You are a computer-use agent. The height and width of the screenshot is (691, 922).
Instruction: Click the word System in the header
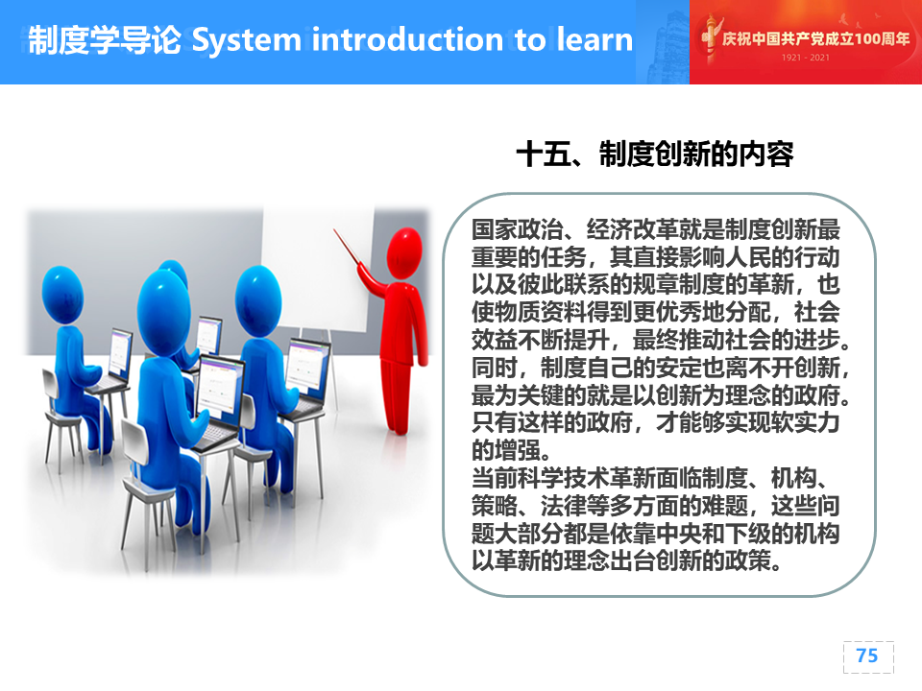click(x=247, y=40)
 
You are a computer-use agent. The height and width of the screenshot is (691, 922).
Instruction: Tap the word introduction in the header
click(x=407, y=39)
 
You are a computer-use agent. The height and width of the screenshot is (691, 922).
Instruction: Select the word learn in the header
click(x=594, y=39)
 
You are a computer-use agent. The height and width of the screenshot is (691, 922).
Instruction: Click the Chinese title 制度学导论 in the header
click(x=105, y=40)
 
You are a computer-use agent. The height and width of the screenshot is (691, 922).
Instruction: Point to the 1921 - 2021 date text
click(x=805, y=58)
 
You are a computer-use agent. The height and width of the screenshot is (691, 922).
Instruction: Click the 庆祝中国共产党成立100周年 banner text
click(x=815, y=38)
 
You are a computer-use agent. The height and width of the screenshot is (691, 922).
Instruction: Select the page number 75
click(x=867, y=655)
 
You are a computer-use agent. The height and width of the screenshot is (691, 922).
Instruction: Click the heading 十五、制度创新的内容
click(x=655, y=155)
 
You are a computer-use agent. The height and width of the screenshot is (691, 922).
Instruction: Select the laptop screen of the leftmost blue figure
click(x=121, y=354)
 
